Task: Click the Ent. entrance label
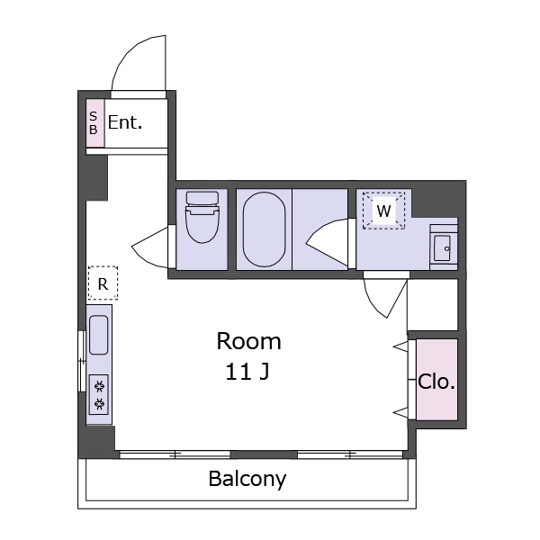[x=125, y=122]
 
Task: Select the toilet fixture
[x=202, y=217]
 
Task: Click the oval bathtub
[x=264, y=229]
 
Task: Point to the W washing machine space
[x=383, y=211]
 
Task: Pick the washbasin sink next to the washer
[x=443, y=247]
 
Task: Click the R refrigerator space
[x=103, y=283]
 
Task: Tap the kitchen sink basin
[x=98, y=335]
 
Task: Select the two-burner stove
[x=99, y=395]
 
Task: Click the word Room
[x=248, y=341]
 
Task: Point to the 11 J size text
[x=247, y=372]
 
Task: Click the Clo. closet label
[x=436, y=382]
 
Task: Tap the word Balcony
[x=247, y=479]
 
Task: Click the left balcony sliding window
[x=175, y=454]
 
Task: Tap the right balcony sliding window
[x=350, y=454]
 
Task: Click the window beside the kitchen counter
[x=82, y=361]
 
